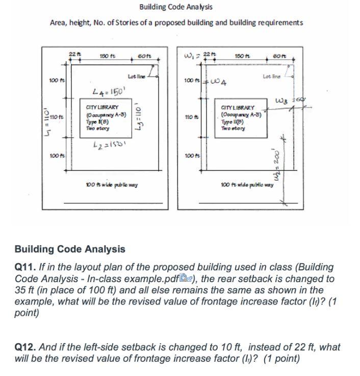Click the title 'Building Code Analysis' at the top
[176, 7]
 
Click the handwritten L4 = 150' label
[107, 92]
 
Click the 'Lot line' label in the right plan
[271, 76]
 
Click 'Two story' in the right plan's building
[235, 129]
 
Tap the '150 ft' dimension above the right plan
[240, 55]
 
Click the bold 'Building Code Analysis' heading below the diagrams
[70, 249]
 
